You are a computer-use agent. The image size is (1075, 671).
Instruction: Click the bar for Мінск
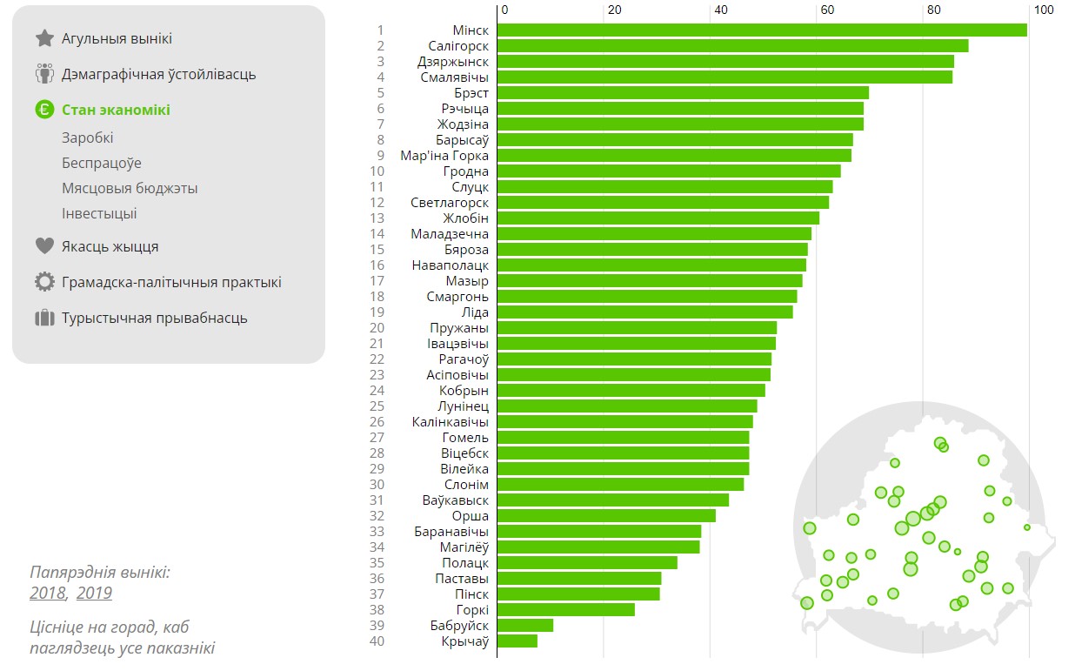pyautogui.click(x=761, y=30)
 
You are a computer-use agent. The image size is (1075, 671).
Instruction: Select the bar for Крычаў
pyautogui.click(x=517, y=641)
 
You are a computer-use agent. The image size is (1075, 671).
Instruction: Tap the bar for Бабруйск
pyautogui.click(x=524, y=626)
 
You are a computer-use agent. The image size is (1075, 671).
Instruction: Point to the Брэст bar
pyautogui.click(x=682, y=93)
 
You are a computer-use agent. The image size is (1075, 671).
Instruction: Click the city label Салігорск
pyautogui.click(x=458, y=46)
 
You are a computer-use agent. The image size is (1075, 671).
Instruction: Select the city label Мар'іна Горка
pyautogui.click(x=444, y=156)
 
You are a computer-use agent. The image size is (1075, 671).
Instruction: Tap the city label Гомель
pyautogui.click(x=464, y=438)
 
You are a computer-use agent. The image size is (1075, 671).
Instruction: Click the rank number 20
pyautogui.click(x=377, y=328)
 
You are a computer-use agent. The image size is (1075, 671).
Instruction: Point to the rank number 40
pyautogui.click(x=377, y=641)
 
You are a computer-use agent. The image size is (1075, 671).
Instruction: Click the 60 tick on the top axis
pyautogui.click(x=826, y=10)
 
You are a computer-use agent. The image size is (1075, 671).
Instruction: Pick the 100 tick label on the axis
pyautogui.click(x=1043, y=10)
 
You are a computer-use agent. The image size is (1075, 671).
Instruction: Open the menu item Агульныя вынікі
pyautogui.click(x=117, y=39)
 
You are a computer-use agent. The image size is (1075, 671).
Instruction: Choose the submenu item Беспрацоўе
pyautogui.click(x=101, y=164)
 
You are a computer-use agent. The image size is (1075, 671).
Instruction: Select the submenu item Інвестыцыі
pyautogui.click(x=99, y=214)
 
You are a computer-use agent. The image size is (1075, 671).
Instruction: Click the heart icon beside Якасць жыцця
pyautogui.click(x=44, y=246)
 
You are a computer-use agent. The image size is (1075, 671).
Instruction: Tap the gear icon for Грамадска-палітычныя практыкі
pyautogui.click(x=44, y=282)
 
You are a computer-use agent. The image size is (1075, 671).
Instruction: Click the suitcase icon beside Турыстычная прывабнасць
pyautogui.click(x=44, y=318)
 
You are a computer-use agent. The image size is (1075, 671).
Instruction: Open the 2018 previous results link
pyautogui.click(x=48, y=594)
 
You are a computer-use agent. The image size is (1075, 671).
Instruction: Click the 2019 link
pyautogui.click(x=94, y=594)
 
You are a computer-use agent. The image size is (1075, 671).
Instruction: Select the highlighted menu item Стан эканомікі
pyautogui.click(x=116, y=110)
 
